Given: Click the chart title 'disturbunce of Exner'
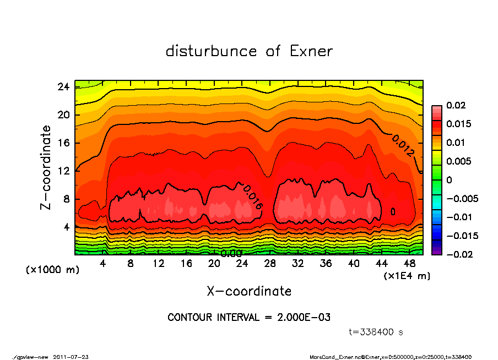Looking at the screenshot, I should tap(249, 51).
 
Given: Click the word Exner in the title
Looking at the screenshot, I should tap(311, 51).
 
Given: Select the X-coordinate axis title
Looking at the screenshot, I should tap(249, 291).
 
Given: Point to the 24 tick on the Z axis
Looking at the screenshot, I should tap(63, 87).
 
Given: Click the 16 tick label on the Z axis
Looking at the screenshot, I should tap(63, 143).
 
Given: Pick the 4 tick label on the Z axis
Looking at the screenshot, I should tap(66, 227).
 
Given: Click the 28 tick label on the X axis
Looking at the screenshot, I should tap(270, 263).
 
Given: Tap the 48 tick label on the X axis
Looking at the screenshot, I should tap(409, 263).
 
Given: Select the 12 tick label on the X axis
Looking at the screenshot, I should tap(159, 263).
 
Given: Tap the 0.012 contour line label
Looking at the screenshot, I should tap(403, 146).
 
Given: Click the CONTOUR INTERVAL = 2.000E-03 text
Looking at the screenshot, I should tap(249, 318).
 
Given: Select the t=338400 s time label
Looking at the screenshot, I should tap(376, 332).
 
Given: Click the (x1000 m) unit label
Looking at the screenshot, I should tap(47, 270).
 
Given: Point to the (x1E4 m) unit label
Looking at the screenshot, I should tap(407, 275).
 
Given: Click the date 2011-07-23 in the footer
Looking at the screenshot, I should tap(71, 357).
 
